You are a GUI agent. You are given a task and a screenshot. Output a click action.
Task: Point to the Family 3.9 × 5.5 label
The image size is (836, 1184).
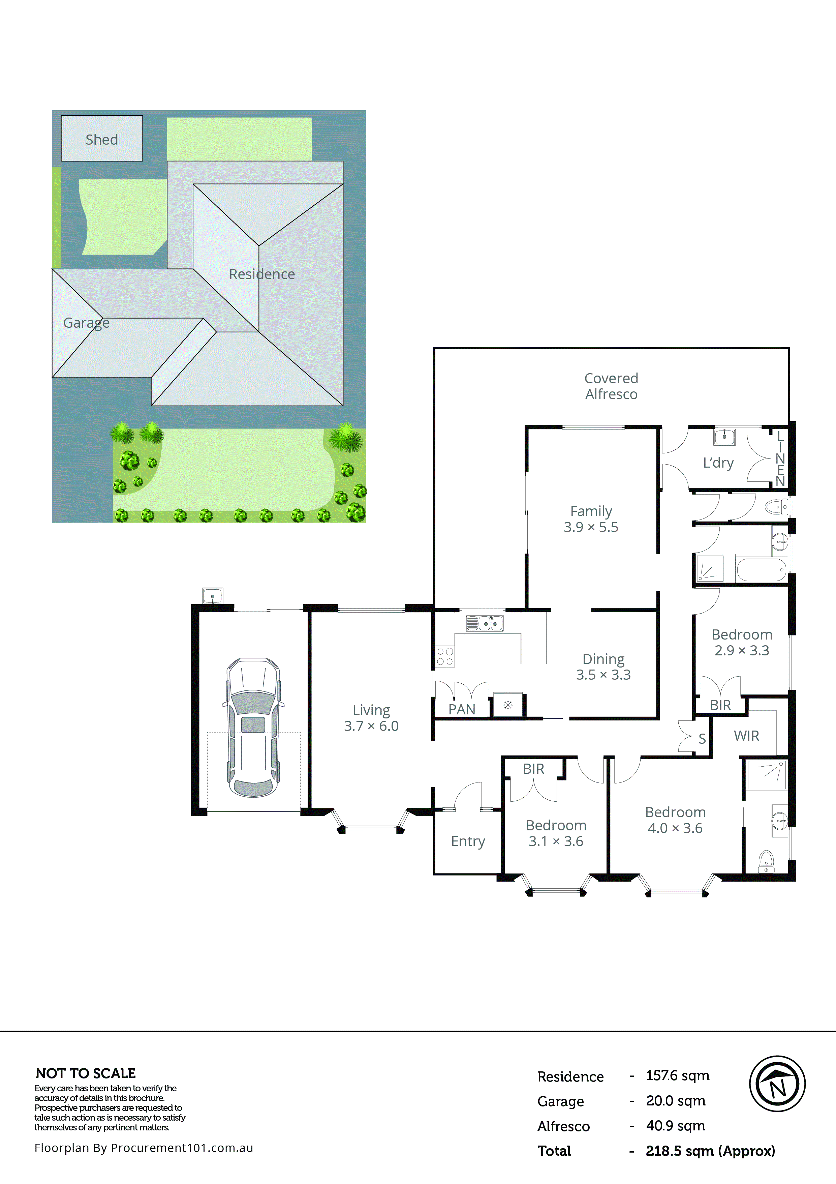[591, 519]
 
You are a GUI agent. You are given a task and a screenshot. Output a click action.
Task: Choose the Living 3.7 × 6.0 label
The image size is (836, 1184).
[371, 718]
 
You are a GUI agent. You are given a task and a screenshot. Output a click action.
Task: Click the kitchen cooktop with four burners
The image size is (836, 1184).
[445, 656]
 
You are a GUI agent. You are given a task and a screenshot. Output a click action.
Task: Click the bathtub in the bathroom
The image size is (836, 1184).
[761, 570]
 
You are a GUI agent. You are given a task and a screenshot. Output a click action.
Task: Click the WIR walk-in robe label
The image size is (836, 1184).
[746, 736]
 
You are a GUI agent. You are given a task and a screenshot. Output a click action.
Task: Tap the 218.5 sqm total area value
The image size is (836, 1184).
[710, 1151]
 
